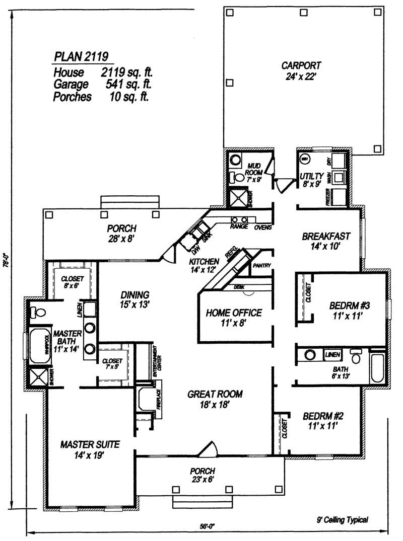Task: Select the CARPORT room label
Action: point(301,66)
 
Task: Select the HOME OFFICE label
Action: point(234,313)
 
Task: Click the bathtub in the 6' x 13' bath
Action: point(377,370)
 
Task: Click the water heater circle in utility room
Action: point(305,159)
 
